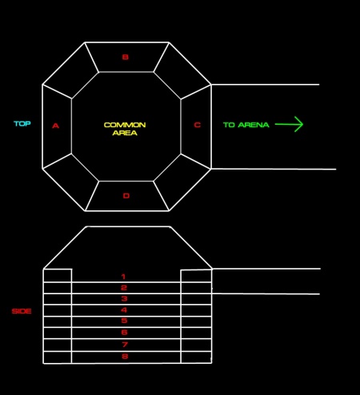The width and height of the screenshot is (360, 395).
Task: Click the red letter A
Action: (x=55, y=126)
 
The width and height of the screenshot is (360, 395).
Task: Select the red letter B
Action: (x=125, y=57)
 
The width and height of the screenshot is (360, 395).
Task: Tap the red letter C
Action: (x=197, y=125)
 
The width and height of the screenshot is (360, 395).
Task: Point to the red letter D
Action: (x=126, y=196)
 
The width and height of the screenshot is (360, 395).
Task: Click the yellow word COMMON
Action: (x=125, y=125)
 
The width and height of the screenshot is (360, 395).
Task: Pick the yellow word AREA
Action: (x=125, y=133)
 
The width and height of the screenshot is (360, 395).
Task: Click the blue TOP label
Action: (x=22, y=123)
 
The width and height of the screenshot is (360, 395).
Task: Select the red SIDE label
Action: (x=22, y=311)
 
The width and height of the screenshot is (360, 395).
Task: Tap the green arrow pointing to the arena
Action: (x=289, y=124)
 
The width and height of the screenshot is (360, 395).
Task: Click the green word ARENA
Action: (x=254, y=125)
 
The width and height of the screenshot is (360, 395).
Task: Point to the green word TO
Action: (x=229, y=125)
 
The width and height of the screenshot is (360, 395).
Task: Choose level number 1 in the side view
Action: (x=123, y=277)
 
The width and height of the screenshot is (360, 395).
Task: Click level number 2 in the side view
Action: (x=124, y=288)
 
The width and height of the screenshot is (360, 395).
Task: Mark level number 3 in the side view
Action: (x=124, y=298)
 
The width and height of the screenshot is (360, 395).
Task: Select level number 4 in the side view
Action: (x=124, y=310)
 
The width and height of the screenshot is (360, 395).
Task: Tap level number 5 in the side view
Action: (x=124, y=321)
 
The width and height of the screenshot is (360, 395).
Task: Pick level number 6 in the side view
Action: (x=124, y=333)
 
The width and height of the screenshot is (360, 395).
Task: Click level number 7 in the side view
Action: (x=125, y=345)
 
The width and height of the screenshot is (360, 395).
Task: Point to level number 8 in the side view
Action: (x=125, y=356)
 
